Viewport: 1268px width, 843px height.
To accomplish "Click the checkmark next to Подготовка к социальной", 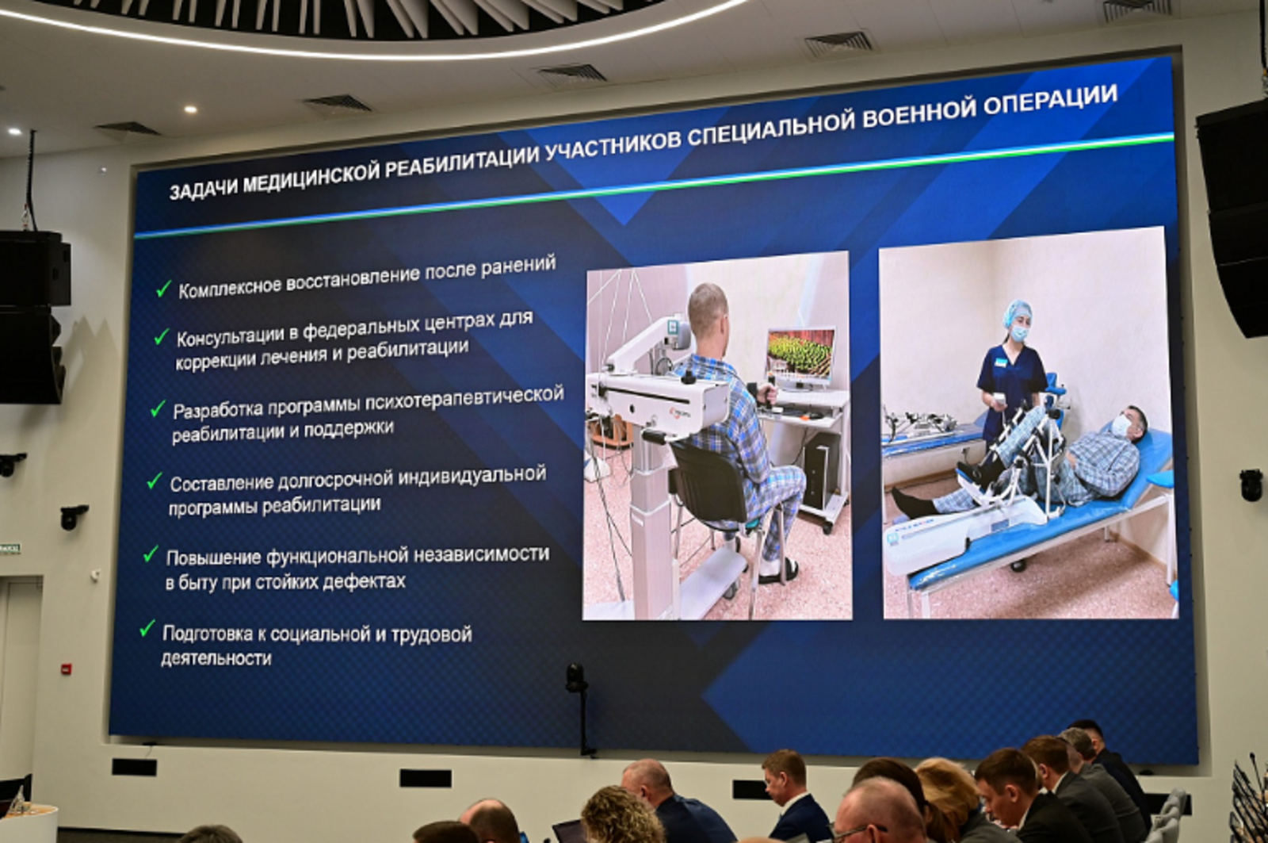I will click(147, 629).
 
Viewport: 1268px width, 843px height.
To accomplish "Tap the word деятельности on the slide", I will click(216, 658).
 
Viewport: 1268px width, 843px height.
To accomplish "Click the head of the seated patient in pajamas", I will click(707, 309).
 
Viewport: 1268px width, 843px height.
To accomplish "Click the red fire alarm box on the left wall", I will click(67, 669).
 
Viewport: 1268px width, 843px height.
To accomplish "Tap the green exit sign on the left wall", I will click(9, 548).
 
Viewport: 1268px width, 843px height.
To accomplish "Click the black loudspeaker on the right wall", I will click(1237, 214).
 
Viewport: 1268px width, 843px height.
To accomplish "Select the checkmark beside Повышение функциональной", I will click(151, 554).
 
